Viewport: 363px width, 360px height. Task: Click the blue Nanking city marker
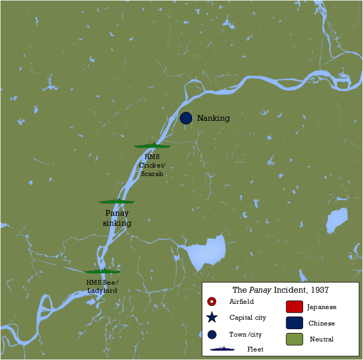tap(185, 118)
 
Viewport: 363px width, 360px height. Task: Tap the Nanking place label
tap(214, 118)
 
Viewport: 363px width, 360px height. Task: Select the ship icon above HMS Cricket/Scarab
tap(152, 145)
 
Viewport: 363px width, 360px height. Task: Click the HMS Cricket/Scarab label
tap(151, 165)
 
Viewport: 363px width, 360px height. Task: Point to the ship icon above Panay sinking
tap(117, 201)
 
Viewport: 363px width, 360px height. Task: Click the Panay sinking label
tap(117, 218)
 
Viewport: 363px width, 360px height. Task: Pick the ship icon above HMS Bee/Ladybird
tap(102, 271)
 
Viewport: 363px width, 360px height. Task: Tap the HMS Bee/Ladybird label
tap(102, 286)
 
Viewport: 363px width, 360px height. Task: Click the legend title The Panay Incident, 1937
tap(280, 290)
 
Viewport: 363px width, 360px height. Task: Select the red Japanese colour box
tap(294, 307)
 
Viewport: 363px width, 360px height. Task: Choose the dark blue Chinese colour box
tap(294, 323)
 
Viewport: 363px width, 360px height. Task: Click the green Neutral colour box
tap(294, 339)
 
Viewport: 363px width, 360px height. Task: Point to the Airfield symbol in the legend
tap(212, 302)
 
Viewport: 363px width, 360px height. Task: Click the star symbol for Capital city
tap(212, 318)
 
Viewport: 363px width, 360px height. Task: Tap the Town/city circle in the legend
tap(212, 335)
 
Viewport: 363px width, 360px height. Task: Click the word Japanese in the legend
tap(322, 307)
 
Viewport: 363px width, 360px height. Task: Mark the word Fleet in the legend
tap(255, 349)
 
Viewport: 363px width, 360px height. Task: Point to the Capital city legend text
tap(247, 318)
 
